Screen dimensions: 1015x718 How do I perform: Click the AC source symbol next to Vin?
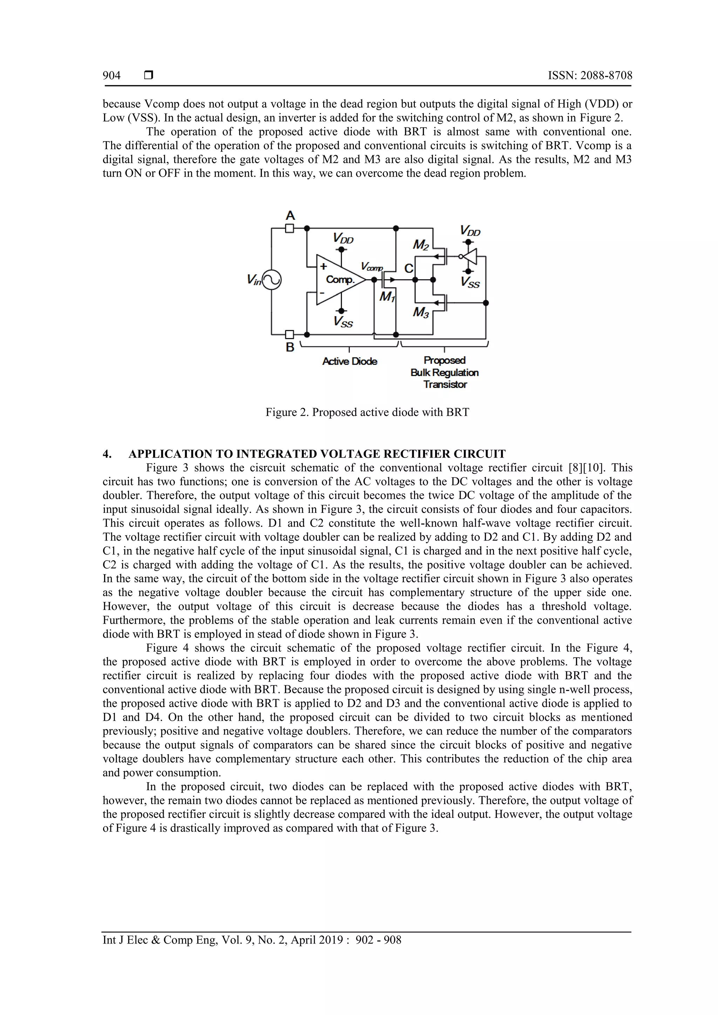(x=272, y=280)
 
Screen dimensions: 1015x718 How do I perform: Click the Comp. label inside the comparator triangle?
(x=340, y=280)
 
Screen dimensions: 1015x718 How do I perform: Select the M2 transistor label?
(x=421, y=245)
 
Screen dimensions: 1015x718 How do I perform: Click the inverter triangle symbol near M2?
(x=470, y=256)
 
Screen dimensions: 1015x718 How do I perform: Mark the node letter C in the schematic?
(x=409, y=268)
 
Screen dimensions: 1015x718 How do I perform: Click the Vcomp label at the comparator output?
(x=372, y=267)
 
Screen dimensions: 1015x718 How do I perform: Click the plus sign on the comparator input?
(x=323, y=266)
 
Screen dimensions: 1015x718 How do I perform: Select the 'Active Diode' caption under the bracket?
(x=350, y=362)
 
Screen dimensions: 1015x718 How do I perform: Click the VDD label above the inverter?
(x=470, y=231)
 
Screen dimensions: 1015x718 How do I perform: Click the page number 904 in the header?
(x=111, y=76)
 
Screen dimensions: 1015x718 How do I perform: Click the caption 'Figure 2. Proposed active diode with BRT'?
(x=367, y=412)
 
